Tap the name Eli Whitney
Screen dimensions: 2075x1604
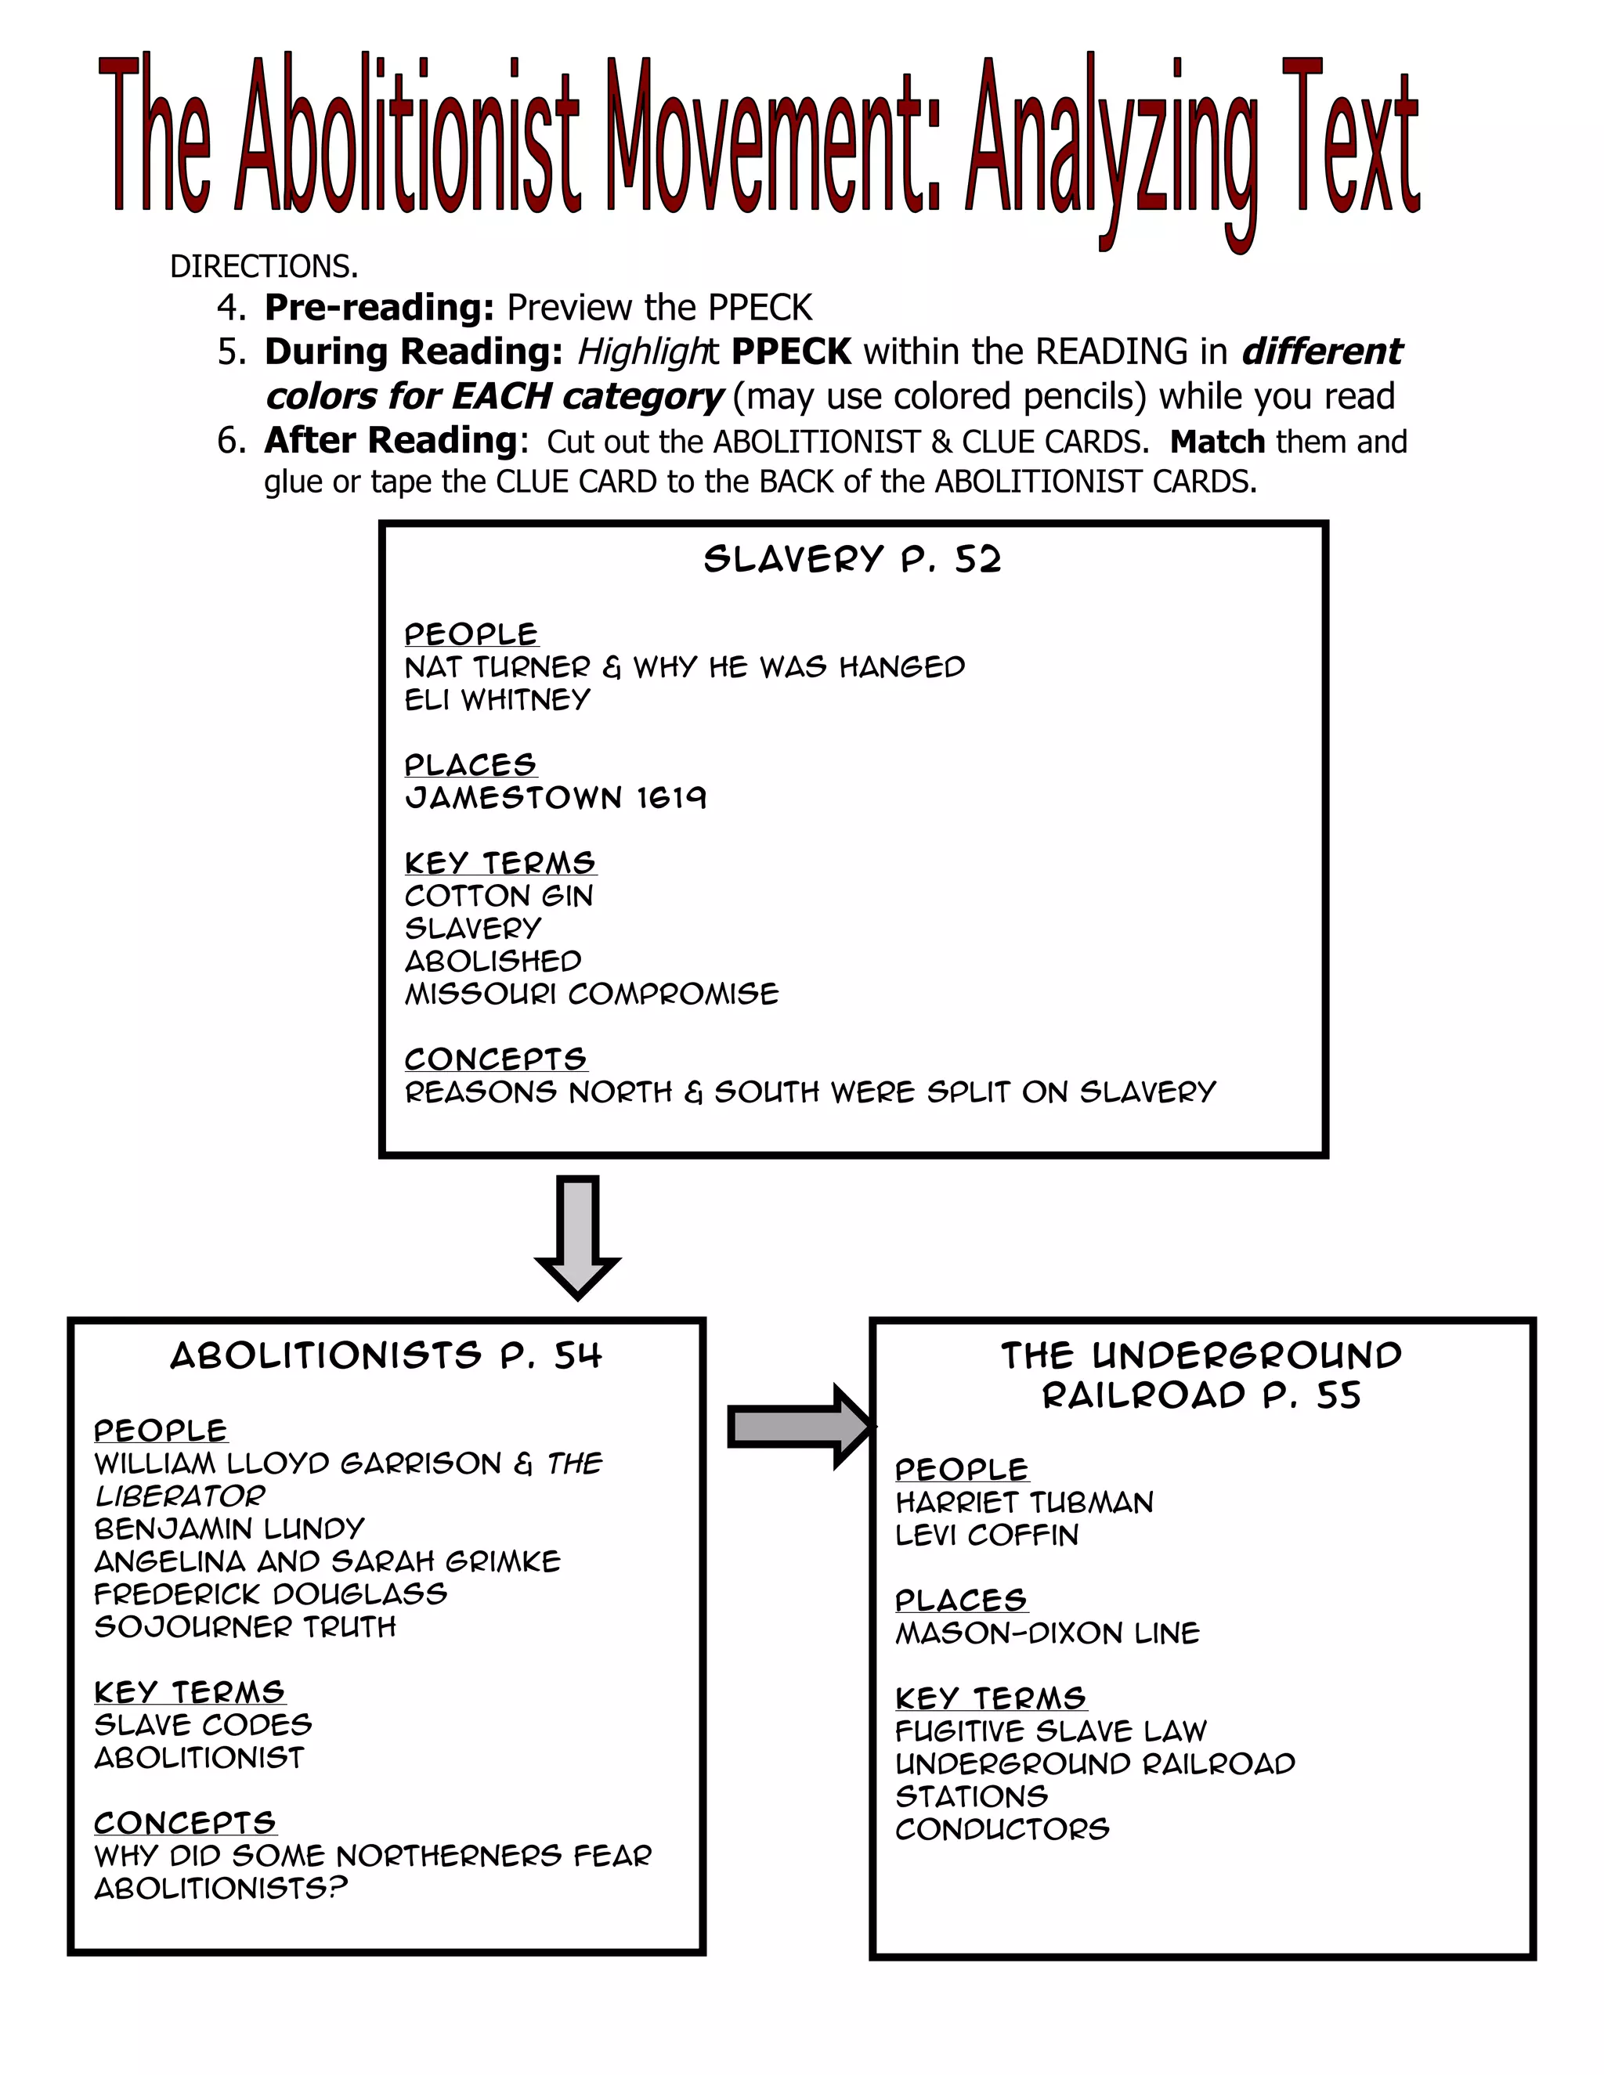[x=497, y=700]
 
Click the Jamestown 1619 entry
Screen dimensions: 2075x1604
[x=555, y=797]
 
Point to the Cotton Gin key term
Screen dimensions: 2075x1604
[x=499, y=896]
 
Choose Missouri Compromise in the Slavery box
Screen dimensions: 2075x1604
[x=591, y=994]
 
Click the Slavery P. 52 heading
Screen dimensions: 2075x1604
[x=852, y=560]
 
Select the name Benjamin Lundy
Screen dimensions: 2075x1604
[x=229, y=1528]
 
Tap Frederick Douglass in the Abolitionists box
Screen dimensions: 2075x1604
[x=271, y=1593]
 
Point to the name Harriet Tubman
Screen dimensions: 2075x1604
[x=1024, y=1502]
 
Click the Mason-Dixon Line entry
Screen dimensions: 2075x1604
[x=1047, y=1633]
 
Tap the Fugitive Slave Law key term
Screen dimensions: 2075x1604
[x=1051, y=1731]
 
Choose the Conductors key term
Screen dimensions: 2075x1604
[x=1002, y=1829]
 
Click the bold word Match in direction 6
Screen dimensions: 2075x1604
[x=1217, y=442]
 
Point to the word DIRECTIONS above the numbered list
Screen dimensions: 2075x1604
[x=264, y=267]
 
